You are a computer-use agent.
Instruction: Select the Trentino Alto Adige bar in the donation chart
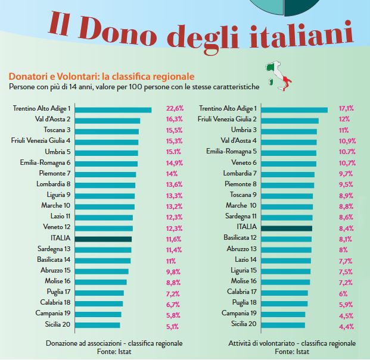(113, 109)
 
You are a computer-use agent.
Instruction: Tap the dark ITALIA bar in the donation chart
(103, 239)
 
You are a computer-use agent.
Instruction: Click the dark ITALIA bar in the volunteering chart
(287, 227)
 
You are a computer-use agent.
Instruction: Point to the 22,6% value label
(175, 109)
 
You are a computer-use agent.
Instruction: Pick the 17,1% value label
(346, 109)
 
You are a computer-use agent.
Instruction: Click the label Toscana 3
(57, 130)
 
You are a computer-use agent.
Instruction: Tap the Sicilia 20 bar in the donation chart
(98, 325)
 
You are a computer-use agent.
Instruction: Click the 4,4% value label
(346, 325)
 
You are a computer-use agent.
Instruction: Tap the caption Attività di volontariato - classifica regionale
(292, 343)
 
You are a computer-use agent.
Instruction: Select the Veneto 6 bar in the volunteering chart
(288, 163)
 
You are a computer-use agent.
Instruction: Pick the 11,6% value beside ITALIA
(173, 239)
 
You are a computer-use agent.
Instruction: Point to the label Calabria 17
(241, 292)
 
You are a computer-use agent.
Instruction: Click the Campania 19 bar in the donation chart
(98, 314)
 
